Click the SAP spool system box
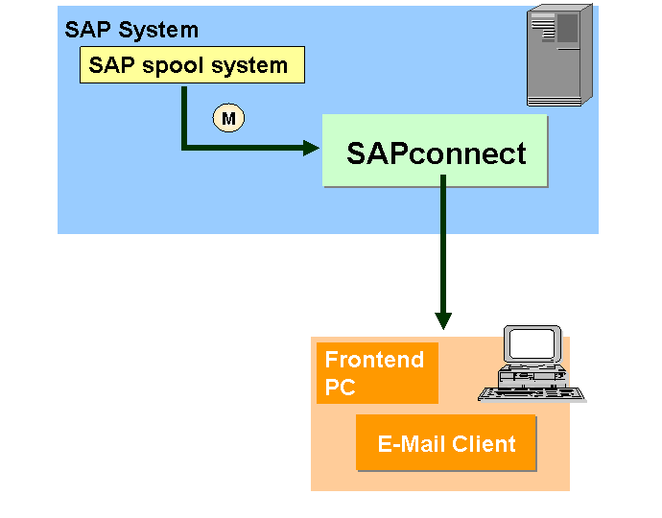[192, 66]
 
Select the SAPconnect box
[435, 152]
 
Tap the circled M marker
[228, 118]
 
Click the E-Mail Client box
[446, 443]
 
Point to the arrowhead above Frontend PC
[443, 320]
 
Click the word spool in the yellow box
[171, 66]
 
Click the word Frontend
[374, 361]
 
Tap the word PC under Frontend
[340, 388]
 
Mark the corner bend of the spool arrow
[183, 148]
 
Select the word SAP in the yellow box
[108, 66]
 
